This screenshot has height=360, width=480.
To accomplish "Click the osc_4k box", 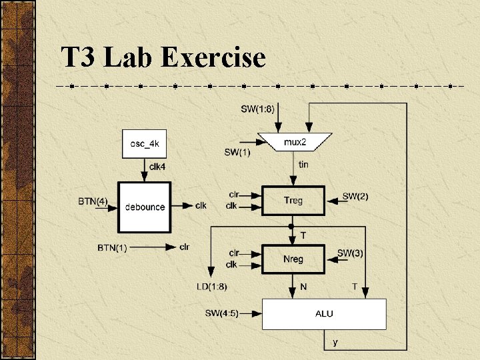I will (144, 143).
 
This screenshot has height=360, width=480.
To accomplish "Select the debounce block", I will (145, 206).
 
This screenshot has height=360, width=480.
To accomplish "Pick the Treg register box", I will (293, 200).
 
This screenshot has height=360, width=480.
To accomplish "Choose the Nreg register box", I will (293, 259).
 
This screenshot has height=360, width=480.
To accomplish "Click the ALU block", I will (324, 313).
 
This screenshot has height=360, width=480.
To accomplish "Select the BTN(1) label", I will (112, 247).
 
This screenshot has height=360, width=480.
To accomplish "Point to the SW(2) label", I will (355, 196).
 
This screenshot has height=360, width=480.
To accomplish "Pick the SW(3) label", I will (350, 253).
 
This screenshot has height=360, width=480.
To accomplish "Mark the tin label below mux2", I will (303, 164).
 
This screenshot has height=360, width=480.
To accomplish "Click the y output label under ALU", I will (335, 343).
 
